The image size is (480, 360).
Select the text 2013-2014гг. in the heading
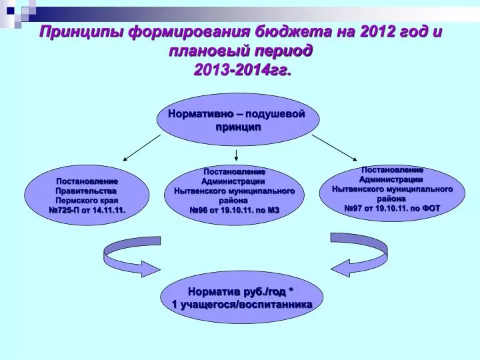point(242,71)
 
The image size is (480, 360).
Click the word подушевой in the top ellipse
point(275,114)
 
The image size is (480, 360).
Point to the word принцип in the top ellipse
point(238,127)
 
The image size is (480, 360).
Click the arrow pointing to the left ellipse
point(141,148)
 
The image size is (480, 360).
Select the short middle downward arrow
point(236,155)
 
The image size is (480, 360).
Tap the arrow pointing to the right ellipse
point(335,148)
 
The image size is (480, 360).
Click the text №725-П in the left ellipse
point(64,210)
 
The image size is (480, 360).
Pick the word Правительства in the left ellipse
point(86,191)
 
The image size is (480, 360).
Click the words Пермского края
point(87,201)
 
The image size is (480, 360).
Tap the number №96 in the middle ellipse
point(199,210)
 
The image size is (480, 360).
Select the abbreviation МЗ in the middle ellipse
point(273,210)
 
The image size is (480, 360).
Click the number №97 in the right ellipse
point(354,209)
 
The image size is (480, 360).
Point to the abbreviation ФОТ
point(431,209)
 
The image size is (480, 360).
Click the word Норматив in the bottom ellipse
point(214,291)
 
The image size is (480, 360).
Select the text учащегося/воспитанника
point(246,305)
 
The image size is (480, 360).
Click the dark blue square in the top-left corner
point(11,11)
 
